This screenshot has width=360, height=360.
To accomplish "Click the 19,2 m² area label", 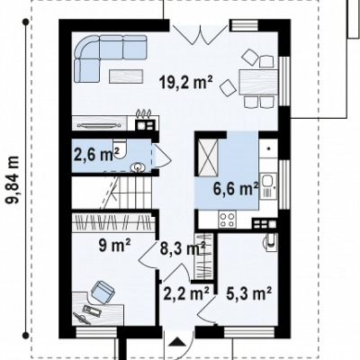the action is pos(186,82).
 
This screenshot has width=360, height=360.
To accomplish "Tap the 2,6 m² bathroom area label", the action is pos(96,155).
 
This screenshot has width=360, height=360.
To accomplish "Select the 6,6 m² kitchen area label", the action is pos(236,189).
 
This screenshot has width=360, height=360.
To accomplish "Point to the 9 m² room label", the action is pos(114,246).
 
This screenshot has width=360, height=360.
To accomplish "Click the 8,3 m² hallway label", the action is pos(183,249).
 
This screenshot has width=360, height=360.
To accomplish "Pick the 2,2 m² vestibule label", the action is pos(186,293).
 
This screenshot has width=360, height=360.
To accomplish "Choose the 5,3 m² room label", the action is pos(249,293).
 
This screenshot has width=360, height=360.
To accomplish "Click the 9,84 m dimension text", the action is pos(13,179).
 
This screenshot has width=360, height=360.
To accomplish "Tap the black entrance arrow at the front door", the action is pos(178,341).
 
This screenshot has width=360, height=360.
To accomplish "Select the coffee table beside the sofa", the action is pos(126,76).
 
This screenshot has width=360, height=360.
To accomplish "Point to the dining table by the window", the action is pos(258,82).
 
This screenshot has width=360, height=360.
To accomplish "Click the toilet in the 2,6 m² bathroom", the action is pos(121,148).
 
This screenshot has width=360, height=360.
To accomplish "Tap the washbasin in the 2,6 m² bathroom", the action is pos(139,167).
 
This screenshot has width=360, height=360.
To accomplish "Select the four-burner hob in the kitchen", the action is pos(227,219).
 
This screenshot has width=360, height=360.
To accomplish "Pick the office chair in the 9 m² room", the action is pos(103,290).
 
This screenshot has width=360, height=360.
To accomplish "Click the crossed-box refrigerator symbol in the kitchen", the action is pos(207,157).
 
